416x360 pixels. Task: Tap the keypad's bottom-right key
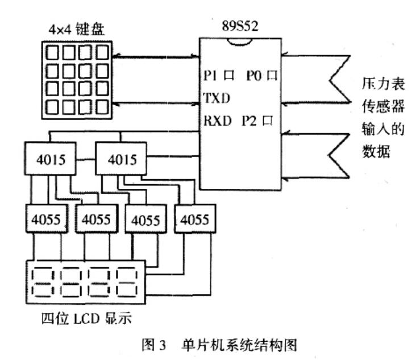click(x=102, y=106)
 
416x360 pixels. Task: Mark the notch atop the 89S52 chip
click(x=239, y=41)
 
